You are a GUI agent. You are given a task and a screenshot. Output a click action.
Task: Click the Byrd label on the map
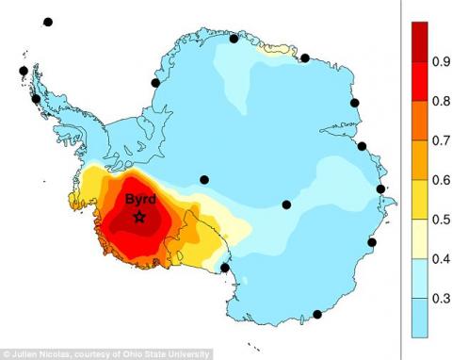[x=140, y=199]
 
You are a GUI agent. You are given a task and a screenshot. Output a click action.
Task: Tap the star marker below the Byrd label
[x=139, y=217]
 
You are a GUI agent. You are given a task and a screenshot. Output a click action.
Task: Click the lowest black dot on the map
[x=317, y=315]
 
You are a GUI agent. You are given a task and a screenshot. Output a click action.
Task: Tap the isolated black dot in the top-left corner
[x=48, y=22]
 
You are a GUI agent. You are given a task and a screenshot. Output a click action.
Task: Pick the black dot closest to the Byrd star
[x=204, y=179]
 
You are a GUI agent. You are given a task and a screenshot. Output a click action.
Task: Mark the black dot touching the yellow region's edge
[x=224, y=268]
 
